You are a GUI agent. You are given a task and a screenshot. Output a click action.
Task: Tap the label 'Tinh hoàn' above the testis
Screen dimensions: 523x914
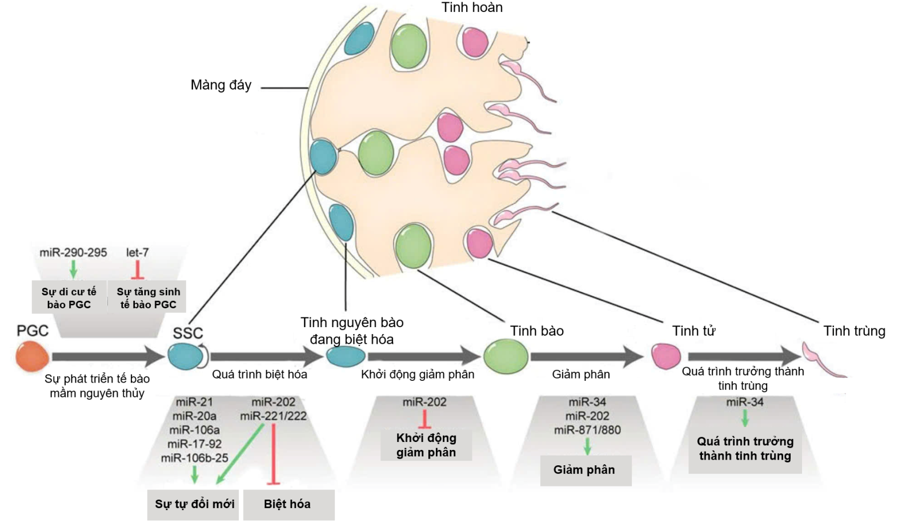[472, 7]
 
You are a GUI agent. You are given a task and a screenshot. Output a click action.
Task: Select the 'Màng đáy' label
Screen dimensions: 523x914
[221, 85]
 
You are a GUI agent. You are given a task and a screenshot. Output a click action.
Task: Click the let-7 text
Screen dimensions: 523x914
[137, 252]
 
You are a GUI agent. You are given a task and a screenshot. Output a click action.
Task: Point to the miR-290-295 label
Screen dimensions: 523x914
[73, 252]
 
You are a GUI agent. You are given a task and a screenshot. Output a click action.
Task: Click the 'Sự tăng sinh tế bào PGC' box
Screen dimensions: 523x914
[148, 297]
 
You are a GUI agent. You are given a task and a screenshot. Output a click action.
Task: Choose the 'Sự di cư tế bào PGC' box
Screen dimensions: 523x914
[69, 297]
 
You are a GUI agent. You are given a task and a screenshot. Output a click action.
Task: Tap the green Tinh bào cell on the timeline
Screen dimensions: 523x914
[506, 356]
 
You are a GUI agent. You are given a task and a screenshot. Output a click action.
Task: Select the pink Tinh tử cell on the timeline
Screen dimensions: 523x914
[666, 356]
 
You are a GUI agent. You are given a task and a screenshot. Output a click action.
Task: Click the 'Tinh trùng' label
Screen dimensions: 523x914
[854, 331]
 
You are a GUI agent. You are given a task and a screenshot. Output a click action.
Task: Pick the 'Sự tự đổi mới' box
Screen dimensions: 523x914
[194, 504]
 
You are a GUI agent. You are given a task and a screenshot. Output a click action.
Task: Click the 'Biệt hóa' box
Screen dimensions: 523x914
[288, 504]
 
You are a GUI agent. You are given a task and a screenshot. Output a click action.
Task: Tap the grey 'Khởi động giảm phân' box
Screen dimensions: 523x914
[426, 445]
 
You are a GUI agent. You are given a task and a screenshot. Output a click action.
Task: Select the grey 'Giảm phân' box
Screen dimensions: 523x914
[585, 470]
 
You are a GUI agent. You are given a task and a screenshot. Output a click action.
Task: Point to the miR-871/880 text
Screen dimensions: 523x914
[587, 430]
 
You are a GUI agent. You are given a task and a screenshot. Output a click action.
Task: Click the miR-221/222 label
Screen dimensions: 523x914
[273, 416]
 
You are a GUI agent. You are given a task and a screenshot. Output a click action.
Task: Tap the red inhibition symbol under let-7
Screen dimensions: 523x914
[137, 269]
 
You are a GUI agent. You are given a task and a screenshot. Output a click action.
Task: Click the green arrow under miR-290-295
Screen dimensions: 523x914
[73, 269]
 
